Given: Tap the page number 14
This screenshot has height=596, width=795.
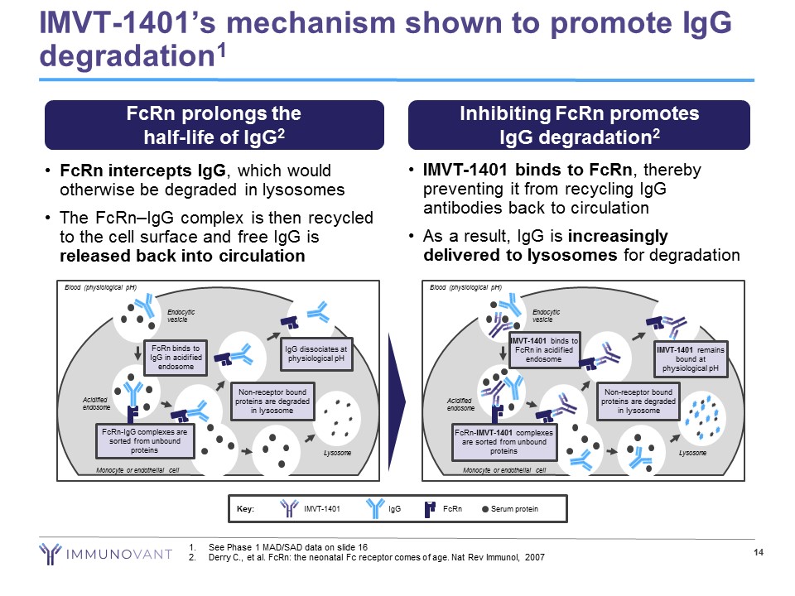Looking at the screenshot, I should (x=757, y=553).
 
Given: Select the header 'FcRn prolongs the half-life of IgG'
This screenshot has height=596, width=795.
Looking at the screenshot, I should (x=214, y=125).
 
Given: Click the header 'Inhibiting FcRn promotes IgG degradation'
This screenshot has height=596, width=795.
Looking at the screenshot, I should (x=580, y=125).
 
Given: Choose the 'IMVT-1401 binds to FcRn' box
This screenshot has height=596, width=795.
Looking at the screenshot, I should (x=544, y=349).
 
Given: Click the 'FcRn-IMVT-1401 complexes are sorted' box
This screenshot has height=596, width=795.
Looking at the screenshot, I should (x=503, y=441).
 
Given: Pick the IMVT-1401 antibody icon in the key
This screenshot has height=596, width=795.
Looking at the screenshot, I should (x=289, y=508).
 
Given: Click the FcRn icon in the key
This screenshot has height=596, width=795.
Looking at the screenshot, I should (x=431, y=508).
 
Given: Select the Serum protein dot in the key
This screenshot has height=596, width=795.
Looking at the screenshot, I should (x=485, y=508).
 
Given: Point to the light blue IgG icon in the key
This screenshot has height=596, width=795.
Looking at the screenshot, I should (x=375, y=508).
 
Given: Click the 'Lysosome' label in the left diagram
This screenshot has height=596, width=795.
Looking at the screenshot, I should (x=337, y=453).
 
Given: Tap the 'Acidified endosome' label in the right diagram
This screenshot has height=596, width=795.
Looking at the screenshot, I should (x=460, y=404).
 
